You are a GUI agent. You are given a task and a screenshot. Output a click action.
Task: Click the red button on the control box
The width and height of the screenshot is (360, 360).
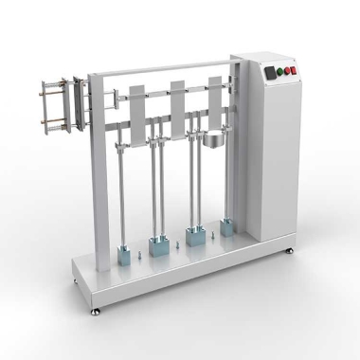(x=292, y=70)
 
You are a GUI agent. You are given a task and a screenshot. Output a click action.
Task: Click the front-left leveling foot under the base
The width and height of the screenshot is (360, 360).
(x=94, y=310)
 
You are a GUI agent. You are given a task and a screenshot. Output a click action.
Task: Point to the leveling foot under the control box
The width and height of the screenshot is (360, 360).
(x=289, y=252)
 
